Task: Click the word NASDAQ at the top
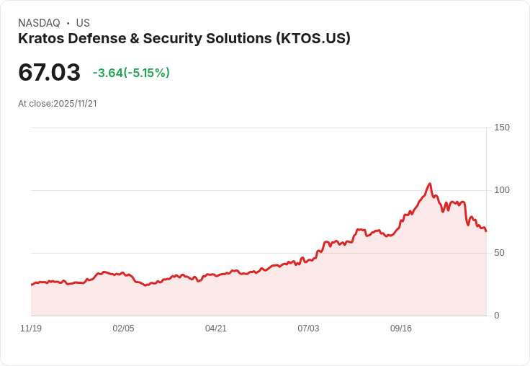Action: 39,23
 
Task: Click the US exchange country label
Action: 83,23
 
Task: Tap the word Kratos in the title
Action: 40,39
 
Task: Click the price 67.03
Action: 49,73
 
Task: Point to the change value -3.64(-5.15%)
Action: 131,73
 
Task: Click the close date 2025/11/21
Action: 75,104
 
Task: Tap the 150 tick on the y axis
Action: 501,128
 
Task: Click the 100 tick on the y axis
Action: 501,190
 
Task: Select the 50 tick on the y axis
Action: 498,253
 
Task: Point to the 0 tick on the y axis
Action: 496,316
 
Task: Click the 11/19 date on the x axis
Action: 31,329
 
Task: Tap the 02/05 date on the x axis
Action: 123,329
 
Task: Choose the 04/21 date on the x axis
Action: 216,329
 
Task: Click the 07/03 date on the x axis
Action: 308,329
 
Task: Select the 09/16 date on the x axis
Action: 401,329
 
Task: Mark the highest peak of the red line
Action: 429,184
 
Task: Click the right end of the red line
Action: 486,231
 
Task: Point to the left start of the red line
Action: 32,285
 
